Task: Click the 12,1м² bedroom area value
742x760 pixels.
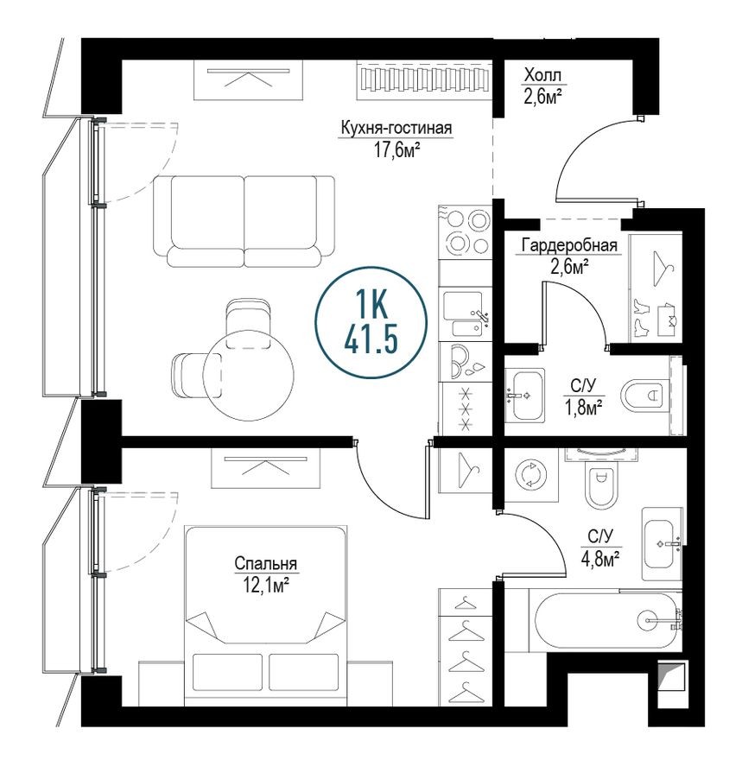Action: point(265,585)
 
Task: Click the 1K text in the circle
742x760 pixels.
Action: point(371,305)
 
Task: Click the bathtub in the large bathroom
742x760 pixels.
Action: point(605,620)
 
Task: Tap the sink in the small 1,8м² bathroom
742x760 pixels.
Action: point(524,395)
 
